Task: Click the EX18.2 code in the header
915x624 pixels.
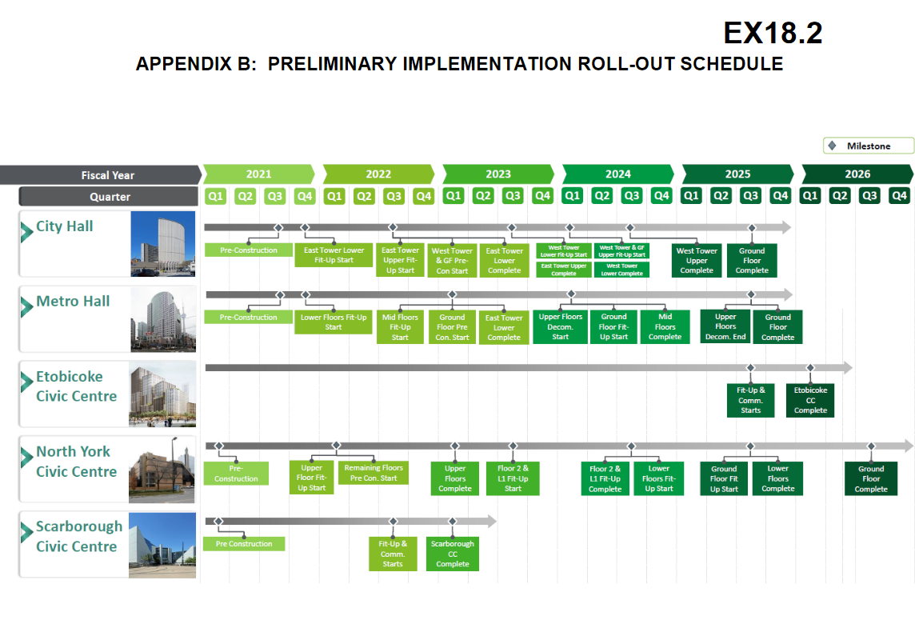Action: coord(773,33)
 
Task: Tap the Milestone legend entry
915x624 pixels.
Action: coord(869,146)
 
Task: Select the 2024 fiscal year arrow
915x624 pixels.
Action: coord(618,174)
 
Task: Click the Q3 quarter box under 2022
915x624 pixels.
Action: coord(394,196)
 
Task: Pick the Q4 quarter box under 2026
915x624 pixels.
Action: coord(899,196)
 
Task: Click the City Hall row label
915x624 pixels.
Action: coord(64,226)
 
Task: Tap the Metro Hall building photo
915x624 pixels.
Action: coord(163,318)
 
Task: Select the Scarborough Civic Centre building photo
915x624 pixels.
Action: coord(162,545)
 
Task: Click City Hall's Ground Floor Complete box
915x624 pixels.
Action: coord(752,260)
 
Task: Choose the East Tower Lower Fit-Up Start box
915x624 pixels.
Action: coord(334,255)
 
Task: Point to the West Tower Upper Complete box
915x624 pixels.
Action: coord(696,260)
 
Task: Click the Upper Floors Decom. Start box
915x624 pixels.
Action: coord(560,327)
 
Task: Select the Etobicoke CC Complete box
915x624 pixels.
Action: coord(810,401)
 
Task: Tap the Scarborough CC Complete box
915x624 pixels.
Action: coord(452,554)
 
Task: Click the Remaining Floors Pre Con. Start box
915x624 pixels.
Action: coord(374,473)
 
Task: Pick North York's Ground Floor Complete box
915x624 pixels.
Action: coord(871,478)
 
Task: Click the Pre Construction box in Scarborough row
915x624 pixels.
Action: coord(244,544)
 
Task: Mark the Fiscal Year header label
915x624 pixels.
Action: coord(108,175)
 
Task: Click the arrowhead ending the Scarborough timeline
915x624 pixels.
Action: coord(491,522)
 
